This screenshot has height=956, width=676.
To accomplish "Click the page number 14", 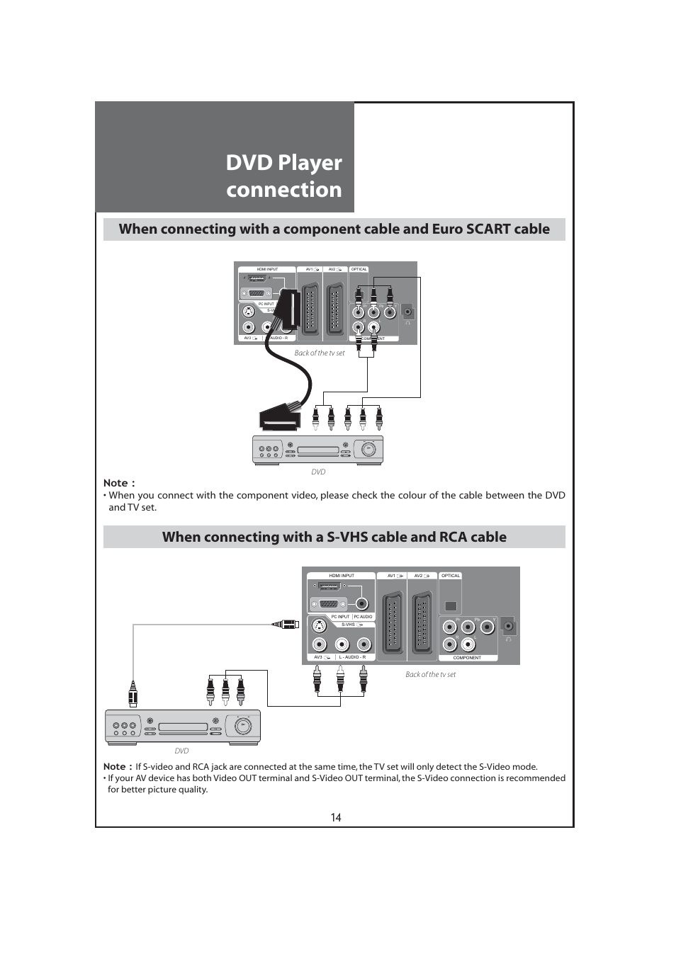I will pyautogui.click(x=336, y=817).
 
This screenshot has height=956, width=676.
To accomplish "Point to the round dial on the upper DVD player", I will pyautogui.click(x=368, y=450).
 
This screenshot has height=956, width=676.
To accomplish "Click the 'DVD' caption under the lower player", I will pyautogui.click(x=181, y=751).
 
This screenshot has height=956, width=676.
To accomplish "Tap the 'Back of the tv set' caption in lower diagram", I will pyautogui.click(x=430, y=674).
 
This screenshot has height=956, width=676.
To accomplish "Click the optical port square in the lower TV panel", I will pyautogui.click(x=451, y=606).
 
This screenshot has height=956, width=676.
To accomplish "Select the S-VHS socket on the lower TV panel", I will pyautogui.click(x=320, y=626).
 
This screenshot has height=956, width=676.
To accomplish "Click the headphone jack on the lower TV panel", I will pyautogui.click(x=508, y=627).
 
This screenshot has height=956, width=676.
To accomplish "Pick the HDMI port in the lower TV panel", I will pyautogui.click(x=329, y=586).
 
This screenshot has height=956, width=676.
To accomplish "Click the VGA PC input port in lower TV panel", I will pyautogui.click(x=329, y=604).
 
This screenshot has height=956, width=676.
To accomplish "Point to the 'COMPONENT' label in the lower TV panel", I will pyautogui.click(x=467, y=658).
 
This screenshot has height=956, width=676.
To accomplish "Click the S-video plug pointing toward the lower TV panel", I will pyautogui.click(x=285, y=625).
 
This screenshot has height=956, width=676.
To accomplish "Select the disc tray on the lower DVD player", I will pyautogui.click(x=183, y=727).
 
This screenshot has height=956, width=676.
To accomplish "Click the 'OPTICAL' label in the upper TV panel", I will pyautogui.click(x=359, y=269).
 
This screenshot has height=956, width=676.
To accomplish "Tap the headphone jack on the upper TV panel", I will pyautogui.click(x=407, y=312).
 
